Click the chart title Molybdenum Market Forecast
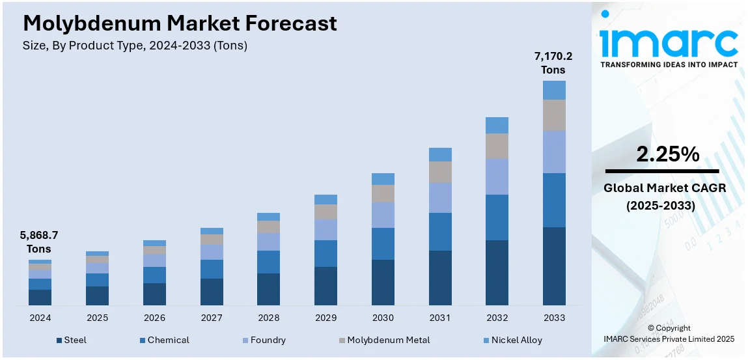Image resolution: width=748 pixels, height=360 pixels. click(180, 23)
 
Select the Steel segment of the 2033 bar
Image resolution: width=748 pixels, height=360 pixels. click(554, 266)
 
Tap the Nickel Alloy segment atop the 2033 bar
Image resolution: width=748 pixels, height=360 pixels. click(554, 90)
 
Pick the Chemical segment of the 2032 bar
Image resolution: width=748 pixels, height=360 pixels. click(497, 217)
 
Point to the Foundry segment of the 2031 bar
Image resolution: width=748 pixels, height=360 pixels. click(440, 197)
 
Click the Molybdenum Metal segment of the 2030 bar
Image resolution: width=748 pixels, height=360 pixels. click(383, 193)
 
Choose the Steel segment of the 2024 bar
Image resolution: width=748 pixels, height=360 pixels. click(40, 297)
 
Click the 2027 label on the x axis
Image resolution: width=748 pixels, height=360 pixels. click(212, 318)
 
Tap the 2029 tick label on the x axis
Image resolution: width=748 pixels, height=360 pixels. click(326, 318)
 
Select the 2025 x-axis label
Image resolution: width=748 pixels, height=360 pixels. click(97, 318)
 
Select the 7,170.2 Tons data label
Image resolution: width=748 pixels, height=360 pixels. click(553, 63)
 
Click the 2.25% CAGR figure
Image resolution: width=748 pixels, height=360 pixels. click(668, 154)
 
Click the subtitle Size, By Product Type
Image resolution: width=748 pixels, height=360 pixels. click(135, 46)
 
